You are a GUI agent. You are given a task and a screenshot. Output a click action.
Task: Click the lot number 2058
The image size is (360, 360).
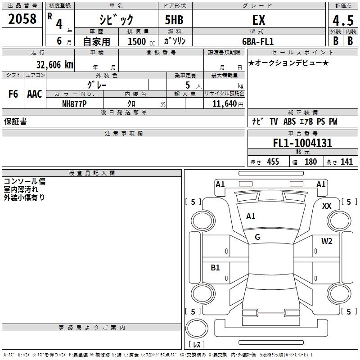(x=22, y=19)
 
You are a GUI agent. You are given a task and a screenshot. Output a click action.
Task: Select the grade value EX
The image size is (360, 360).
(x=259, y=20)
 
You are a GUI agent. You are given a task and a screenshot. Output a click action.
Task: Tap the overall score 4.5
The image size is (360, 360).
(x=343, y=21)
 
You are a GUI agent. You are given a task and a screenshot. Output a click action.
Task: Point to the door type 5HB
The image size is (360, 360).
(x=174, y=20)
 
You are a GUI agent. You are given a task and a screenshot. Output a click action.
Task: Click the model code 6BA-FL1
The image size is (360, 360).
(x=258, y=41)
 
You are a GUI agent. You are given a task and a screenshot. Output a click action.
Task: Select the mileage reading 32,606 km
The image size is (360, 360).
(x=54, y=65)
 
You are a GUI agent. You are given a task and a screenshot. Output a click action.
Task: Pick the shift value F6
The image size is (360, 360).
(x=13, y=94)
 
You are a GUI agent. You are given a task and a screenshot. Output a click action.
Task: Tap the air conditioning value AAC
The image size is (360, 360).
(x=35, y=94)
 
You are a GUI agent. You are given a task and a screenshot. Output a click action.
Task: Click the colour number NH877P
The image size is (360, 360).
(x=74, y=104)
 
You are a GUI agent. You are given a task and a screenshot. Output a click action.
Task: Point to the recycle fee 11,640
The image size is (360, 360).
(x=225, y=104)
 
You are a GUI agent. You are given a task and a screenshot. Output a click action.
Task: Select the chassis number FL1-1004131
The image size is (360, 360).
(x=302, y=143)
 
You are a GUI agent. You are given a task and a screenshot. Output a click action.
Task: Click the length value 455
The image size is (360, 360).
(x=273, y=162)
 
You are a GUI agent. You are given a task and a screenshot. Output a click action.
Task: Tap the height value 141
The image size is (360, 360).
(x=346, y=162)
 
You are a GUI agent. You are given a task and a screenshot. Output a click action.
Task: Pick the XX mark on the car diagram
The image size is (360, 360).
(x=327, y=206)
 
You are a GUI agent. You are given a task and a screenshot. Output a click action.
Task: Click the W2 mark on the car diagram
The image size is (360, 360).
(x=327, y=241)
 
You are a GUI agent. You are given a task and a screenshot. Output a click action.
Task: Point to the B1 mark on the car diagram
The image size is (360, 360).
(x=215, y=268)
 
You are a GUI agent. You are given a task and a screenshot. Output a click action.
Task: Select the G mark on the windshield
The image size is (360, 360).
(x=257, y=237)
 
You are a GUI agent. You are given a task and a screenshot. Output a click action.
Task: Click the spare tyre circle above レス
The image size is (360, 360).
(x=197, y=328)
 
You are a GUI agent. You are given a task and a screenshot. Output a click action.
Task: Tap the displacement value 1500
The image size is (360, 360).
(x=137, y=41)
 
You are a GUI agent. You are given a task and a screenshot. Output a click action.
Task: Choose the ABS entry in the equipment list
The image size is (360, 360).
(x=289, y=121)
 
